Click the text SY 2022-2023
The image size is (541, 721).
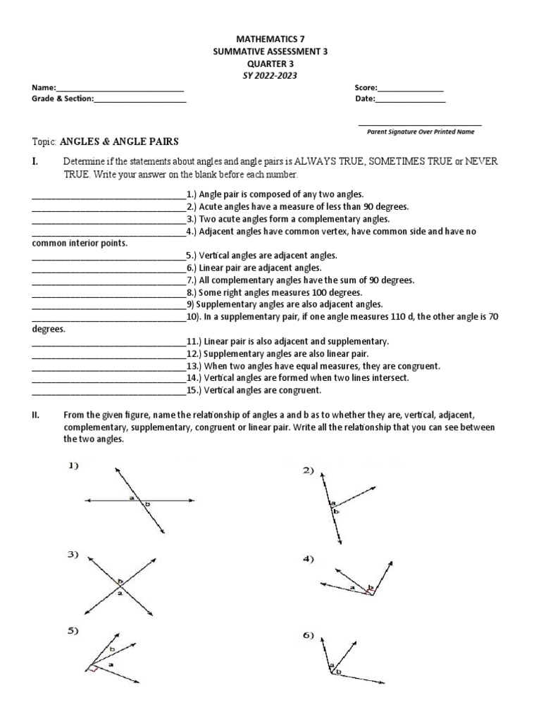point(270,75)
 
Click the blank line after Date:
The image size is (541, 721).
point(410,101)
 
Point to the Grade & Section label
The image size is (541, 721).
point(62,99)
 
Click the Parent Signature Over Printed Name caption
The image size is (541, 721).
point(421,131)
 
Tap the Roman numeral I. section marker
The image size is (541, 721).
point(35,161)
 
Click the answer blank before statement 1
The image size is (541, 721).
point(108,195)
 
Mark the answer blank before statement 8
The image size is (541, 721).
point(108,293)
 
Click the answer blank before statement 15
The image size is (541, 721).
point(108,391)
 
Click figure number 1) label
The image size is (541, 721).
point(75,465)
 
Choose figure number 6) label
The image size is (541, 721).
point(308,635)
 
